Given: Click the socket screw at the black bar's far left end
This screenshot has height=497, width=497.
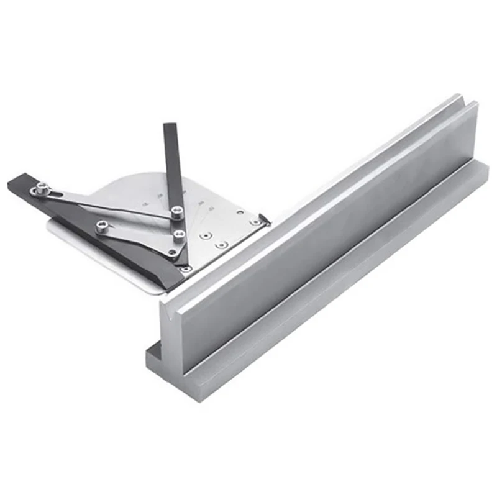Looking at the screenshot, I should (41, 188).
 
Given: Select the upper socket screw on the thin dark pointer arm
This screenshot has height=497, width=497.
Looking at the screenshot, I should (177, 212).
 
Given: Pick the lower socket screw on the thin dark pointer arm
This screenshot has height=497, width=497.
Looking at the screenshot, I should (179, 235).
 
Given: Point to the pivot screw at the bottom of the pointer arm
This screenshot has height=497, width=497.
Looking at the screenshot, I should (185, 268).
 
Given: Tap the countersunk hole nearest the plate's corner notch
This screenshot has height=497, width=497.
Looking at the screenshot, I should (253, 221).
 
